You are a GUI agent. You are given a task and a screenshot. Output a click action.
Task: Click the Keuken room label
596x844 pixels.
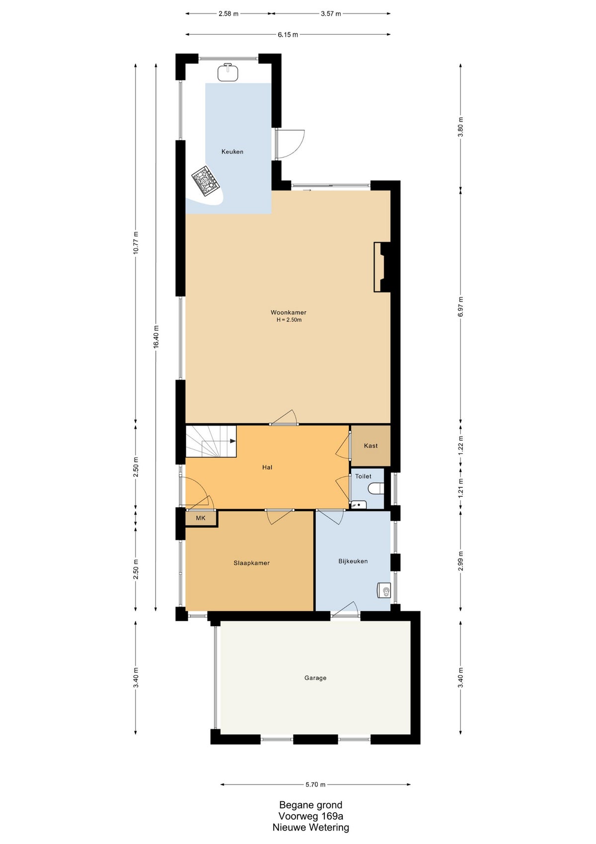click(232, 152)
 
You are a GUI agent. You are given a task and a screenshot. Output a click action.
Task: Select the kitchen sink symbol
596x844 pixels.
click(228, 72)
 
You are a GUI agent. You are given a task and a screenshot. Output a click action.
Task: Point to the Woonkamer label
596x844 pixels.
click(289, 312)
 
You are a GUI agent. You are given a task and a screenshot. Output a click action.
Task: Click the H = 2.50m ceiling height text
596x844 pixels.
click(289, 320)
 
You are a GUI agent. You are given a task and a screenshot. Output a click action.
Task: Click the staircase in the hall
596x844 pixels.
click(211, 441)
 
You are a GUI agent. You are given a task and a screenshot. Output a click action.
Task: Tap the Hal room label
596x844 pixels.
click(267, 467)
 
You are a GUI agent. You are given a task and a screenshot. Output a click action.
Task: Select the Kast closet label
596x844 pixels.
click(371, 446)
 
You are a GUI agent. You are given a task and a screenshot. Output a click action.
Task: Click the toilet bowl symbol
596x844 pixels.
click(377, 488)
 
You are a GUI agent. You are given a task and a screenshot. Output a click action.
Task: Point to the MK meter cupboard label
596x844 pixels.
click(201, 518)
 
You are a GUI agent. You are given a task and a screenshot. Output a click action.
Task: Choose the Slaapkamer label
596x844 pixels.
click(251, 563)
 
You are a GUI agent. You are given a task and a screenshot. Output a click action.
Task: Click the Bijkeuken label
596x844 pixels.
click(353, 561)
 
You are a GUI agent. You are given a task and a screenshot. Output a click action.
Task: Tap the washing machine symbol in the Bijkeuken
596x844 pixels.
click(384, 590)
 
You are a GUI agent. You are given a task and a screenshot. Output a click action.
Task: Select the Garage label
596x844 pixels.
click(315, 678)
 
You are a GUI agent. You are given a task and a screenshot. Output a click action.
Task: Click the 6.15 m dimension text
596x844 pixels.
click(288, 35)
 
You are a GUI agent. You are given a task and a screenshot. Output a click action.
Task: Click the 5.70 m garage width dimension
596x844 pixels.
click(315, 784)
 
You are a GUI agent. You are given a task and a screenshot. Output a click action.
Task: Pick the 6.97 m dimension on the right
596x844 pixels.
click(460, 306)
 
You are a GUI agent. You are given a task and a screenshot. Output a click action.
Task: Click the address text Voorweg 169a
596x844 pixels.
click(311, 816)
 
